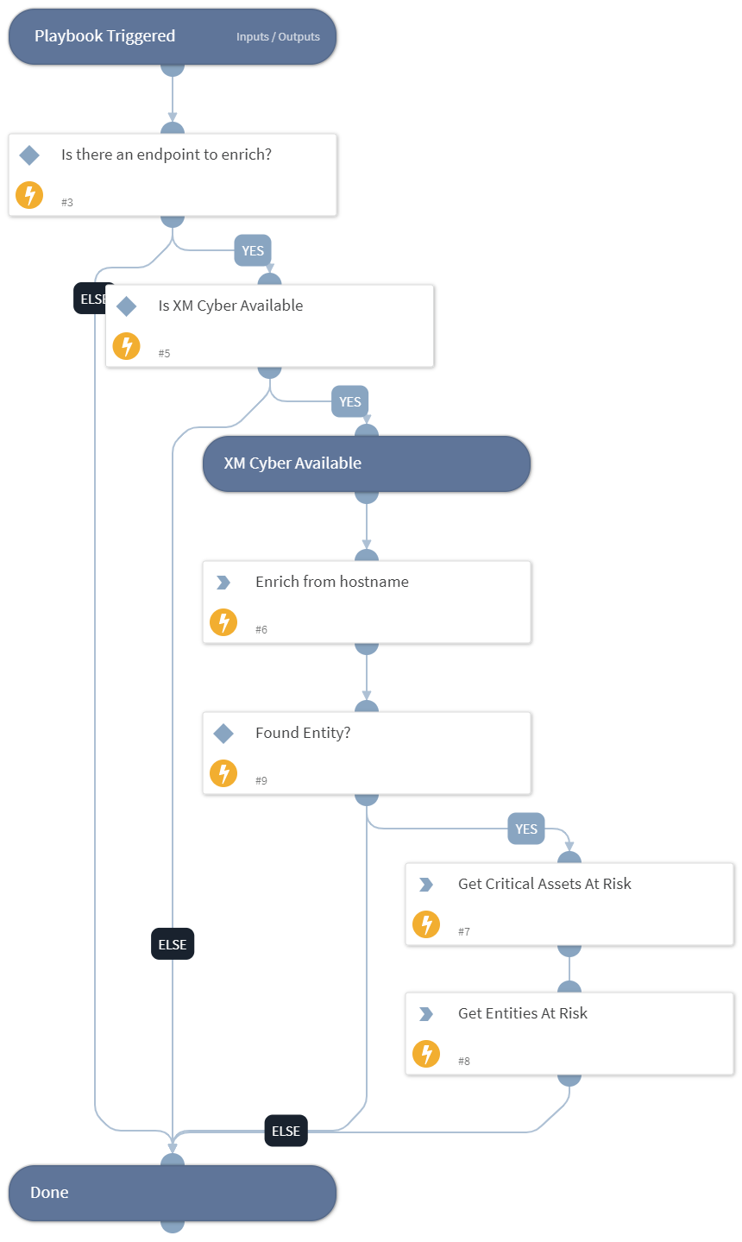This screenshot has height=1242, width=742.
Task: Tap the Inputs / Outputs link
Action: click(x=278, y=37)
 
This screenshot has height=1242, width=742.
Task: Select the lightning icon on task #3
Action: click(x=29, y=195)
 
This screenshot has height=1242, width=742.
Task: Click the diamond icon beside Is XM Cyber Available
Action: click(x=127, y=306)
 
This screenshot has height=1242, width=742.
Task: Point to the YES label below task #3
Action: click(x=253, y=251)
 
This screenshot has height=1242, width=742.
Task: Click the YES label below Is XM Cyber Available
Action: click(x=349, y=402)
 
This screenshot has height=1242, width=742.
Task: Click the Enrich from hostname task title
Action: click(x=332, y=582)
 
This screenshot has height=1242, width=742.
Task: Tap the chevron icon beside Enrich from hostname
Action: click(x=223, y=583)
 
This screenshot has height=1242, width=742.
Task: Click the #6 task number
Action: click(x=261, y=630)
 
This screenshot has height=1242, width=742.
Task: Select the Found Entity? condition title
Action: click(x=303, y=733)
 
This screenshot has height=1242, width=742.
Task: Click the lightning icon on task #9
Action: click(x=223, y=773)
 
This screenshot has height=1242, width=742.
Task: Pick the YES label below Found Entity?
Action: click(x=526, y=829)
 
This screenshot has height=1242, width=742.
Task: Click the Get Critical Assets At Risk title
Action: click(x=544, y=884)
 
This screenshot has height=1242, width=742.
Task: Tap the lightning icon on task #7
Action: click(x=426, y=924)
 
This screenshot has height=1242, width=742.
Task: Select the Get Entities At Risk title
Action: click(x=522, y=1013)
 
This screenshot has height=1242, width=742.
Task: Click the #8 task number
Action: click(x=464, y=1062)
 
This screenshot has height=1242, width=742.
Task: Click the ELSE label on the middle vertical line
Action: click(x=173, y=944)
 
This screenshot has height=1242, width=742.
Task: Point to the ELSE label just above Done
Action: click(x=286, y=1131)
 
